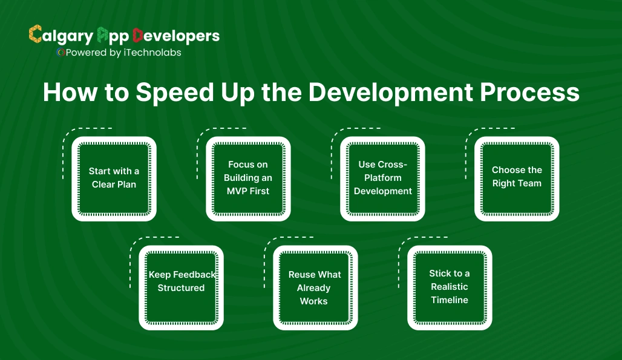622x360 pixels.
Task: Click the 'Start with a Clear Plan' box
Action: coord(114,178)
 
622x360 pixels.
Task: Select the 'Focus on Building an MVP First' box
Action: coord(248,178)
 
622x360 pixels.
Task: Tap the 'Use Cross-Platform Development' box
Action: coord(382,178)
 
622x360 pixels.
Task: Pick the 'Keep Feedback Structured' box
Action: coord(181,287)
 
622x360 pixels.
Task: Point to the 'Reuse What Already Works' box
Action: coord(315,287)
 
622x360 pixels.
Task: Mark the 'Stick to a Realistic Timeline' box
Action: coord(450,287)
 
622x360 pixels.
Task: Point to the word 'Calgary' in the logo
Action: coord(61,36)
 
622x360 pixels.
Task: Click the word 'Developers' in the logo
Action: coord(176,36)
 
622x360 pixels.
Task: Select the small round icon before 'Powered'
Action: coord(61,52)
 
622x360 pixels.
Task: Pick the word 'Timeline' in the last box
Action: coord(450,300)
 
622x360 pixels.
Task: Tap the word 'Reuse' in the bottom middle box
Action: coord(301,275)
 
